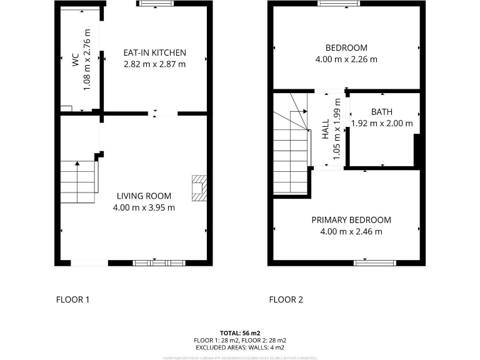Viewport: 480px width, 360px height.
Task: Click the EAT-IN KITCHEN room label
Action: (154, 52)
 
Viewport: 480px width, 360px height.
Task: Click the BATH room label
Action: (382, 112)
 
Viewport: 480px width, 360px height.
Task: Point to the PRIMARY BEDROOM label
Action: (351, 220)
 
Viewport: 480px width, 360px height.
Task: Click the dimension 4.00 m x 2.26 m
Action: (346, 59)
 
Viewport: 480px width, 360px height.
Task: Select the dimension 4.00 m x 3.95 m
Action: (144, 207)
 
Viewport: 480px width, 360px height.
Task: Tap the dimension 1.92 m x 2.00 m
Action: (382, 123)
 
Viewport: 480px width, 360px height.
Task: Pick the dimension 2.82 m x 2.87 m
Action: (154, 64)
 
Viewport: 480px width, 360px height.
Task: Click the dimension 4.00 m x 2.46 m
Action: (351, 231)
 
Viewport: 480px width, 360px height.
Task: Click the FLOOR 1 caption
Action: (73, 299)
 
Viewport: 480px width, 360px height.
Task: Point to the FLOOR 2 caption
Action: (286, 299)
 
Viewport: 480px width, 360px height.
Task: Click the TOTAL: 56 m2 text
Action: (240, 332)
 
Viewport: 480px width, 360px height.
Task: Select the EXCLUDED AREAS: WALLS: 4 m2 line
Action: (240, 347)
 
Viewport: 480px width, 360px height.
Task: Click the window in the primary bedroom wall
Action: (374, 262)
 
